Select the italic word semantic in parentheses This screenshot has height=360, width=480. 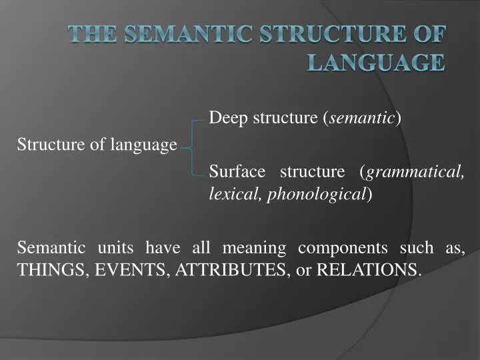[x=362, y=119]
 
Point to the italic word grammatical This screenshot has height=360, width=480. [x=414, y=172]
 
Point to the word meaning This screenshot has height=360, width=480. [x=253, y=248]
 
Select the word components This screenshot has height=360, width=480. [x=342, y=248]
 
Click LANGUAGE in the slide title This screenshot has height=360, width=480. [x=376, y=63]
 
